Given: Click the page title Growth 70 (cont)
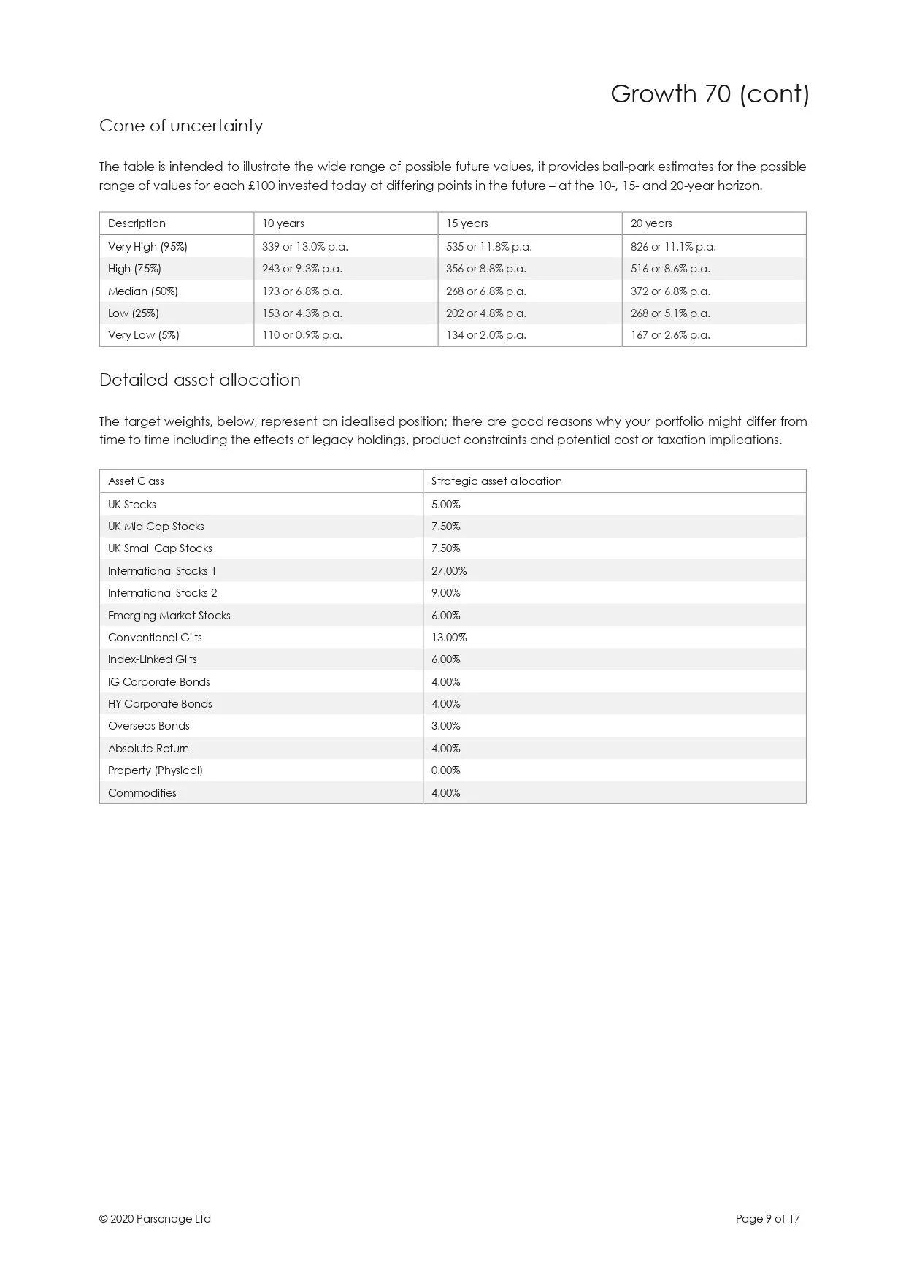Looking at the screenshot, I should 710,94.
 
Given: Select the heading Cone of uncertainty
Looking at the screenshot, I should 181,126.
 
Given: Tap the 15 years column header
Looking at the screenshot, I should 467,223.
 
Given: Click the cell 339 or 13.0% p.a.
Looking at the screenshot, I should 304,247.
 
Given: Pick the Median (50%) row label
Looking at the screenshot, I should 143,291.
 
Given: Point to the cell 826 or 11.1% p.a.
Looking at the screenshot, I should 673,247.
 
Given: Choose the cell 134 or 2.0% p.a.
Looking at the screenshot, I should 485,335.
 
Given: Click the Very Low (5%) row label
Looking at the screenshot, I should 144,335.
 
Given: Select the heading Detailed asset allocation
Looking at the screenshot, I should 200,380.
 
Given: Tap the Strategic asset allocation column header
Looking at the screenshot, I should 496,481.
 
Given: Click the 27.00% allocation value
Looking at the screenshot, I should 449,571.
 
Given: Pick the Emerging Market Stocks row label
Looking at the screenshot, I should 169,616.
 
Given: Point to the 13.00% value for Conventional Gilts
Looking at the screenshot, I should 449,638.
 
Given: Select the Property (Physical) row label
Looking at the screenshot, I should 156,770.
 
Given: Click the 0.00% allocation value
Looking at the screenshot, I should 446,770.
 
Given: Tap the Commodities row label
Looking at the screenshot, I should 142,793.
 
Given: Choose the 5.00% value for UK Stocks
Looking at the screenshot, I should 446,505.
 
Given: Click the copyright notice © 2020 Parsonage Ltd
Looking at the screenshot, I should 155,1219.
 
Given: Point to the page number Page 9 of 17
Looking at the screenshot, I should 768,1219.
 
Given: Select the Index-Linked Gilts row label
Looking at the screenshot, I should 153,659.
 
